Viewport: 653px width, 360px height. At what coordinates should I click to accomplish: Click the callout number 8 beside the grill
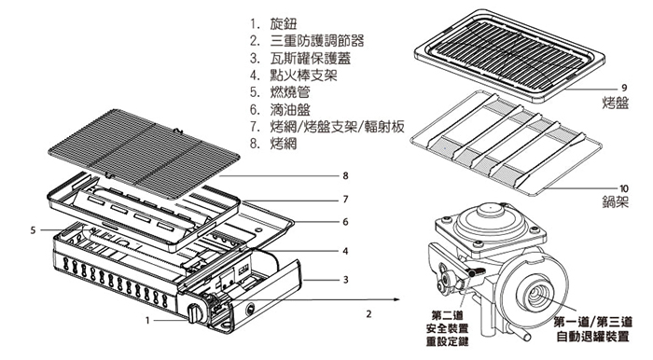[x=345, y=176]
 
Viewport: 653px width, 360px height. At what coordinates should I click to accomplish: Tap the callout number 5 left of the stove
[x=33, y=230]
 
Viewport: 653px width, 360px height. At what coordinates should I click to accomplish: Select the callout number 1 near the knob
[x=147, y=321]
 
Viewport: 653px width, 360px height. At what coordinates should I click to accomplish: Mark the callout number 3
[x=345, y=280]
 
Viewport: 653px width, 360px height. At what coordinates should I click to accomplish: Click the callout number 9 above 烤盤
[x=624, y=88]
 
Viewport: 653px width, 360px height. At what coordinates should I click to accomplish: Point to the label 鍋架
[x=615, y=202]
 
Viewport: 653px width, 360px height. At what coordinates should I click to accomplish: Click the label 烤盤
[x=615, y=103]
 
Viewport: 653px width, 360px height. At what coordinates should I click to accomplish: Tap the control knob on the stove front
[x=194, y=313]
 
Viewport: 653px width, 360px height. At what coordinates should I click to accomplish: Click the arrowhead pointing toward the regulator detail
[x=396, y=299]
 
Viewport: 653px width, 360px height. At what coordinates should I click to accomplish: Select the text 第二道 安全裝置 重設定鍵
[x=448, y=328]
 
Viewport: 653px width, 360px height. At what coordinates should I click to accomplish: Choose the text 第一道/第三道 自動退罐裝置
[x=593, y=329]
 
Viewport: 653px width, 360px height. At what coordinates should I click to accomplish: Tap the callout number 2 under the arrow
[x=368, y=314]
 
